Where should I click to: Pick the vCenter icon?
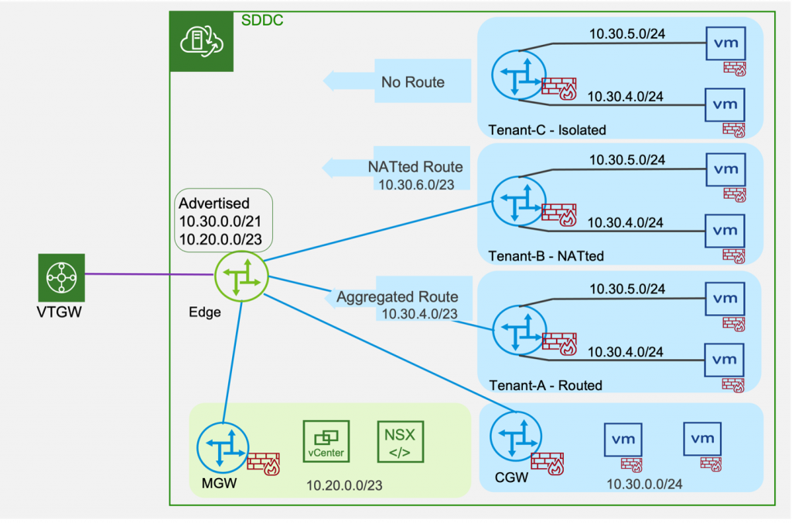tap(326, 442)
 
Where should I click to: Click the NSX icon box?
tap(401, 442)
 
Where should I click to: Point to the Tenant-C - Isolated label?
tap(547, 130)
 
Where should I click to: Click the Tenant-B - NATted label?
tap(546, 256)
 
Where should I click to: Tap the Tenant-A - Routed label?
tap(544, 385)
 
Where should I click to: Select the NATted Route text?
tap(415, 166)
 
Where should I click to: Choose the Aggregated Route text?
tap(397, 297)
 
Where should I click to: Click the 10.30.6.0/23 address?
tap(415, 184)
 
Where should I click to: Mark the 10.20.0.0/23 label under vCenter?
tap(345, 486)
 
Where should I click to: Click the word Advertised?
tap(214, 204)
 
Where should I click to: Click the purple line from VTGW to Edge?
tap(147, 274)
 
